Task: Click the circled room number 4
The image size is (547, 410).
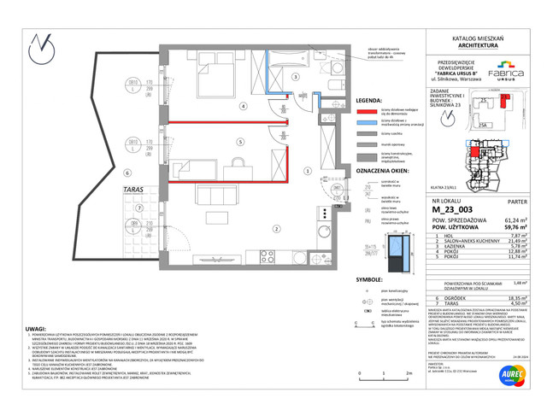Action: tap(244, 107)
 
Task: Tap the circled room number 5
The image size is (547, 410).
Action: tap(241, 142)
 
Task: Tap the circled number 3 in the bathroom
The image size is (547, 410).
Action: tap(296, 78)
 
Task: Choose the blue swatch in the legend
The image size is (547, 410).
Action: tap(368, 121)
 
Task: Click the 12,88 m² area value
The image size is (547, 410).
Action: tap(510, 251)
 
